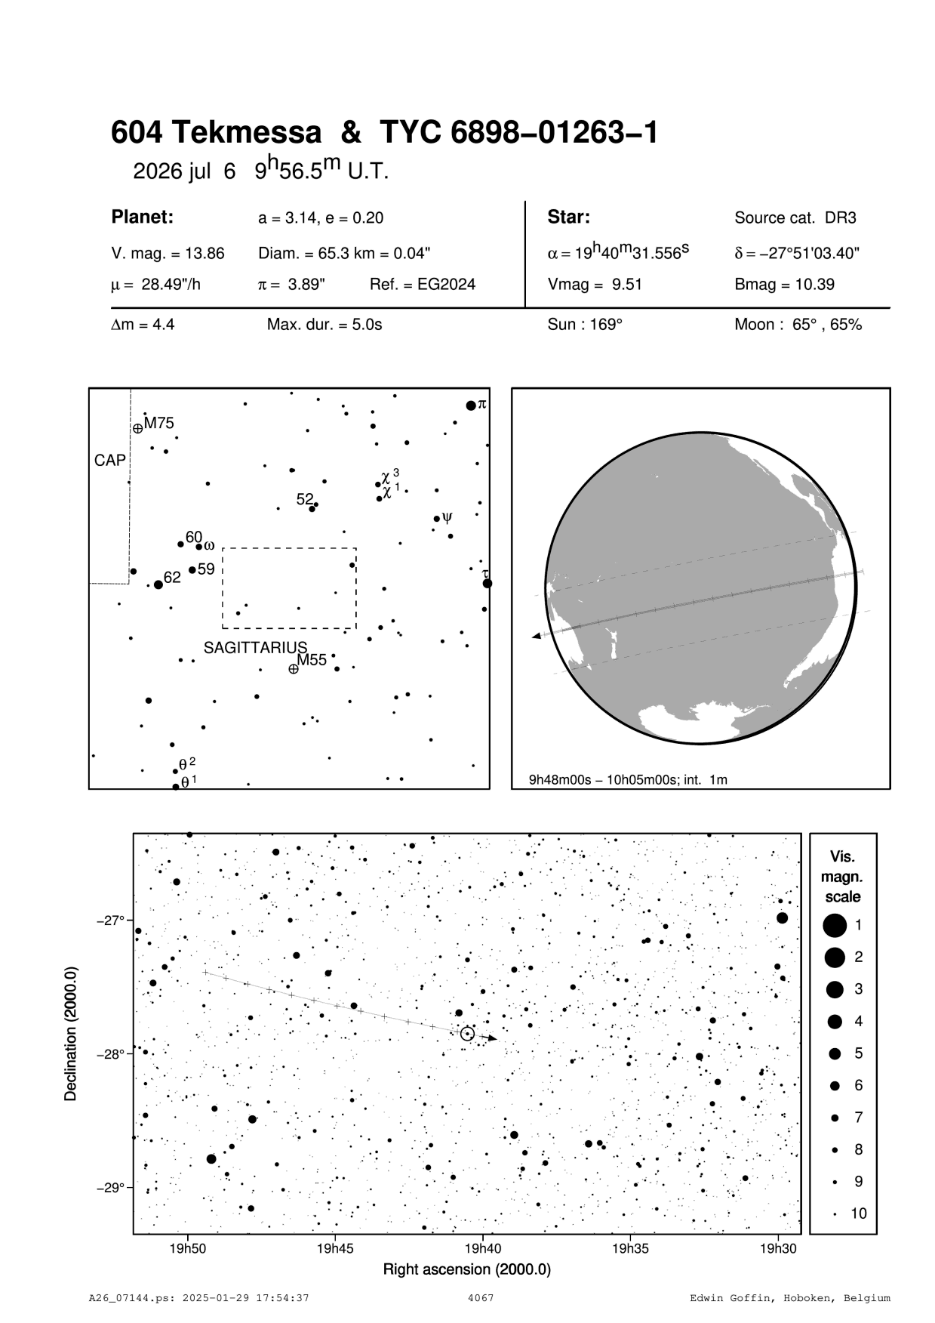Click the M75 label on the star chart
[159, 423]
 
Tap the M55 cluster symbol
[294, 668]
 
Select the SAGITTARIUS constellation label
[256, 647]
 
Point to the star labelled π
[471, 406]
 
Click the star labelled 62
[158, 584]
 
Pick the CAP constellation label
[110, 460]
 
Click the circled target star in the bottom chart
[467, 1034]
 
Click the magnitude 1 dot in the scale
[835, 924]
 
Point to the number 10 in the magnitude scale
[859, 1214]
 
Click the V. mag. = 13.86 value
[168, 254]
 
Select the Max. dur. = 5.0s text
[324, 325]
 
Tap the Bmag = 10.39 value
[784, 285]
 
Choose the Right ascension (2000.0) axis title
[467, 1269]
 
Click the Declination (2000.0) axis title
[71, 1033]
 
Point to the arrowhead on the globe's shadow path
[537, 637]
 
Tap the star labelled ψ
[436, 518]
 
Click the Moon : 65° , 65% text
[798, 325]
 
